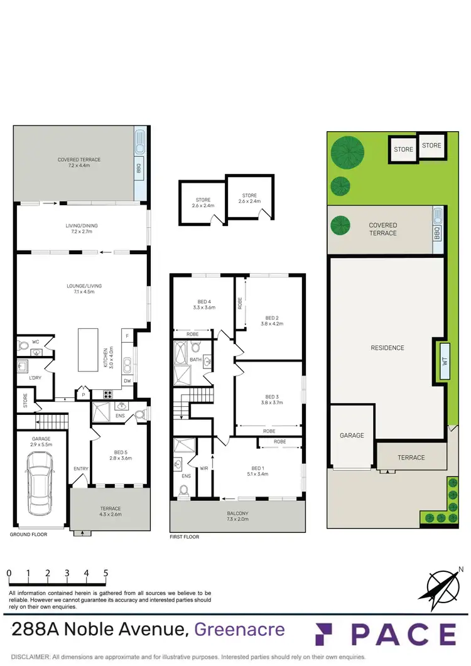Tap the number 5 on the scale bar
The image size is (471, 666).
(106, 573)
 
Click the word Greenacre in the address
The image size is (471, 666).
(239, 629)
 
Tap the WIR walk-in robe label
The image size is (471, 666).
(203, 468)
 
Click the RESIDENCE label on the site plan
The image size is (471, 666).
(387, 348)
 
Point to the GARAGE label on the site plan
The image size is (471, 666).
(352, 435)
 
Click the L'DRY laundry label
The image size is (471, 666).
(26, 379)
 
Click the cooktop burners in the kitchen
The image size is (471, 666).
(107, 394)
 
